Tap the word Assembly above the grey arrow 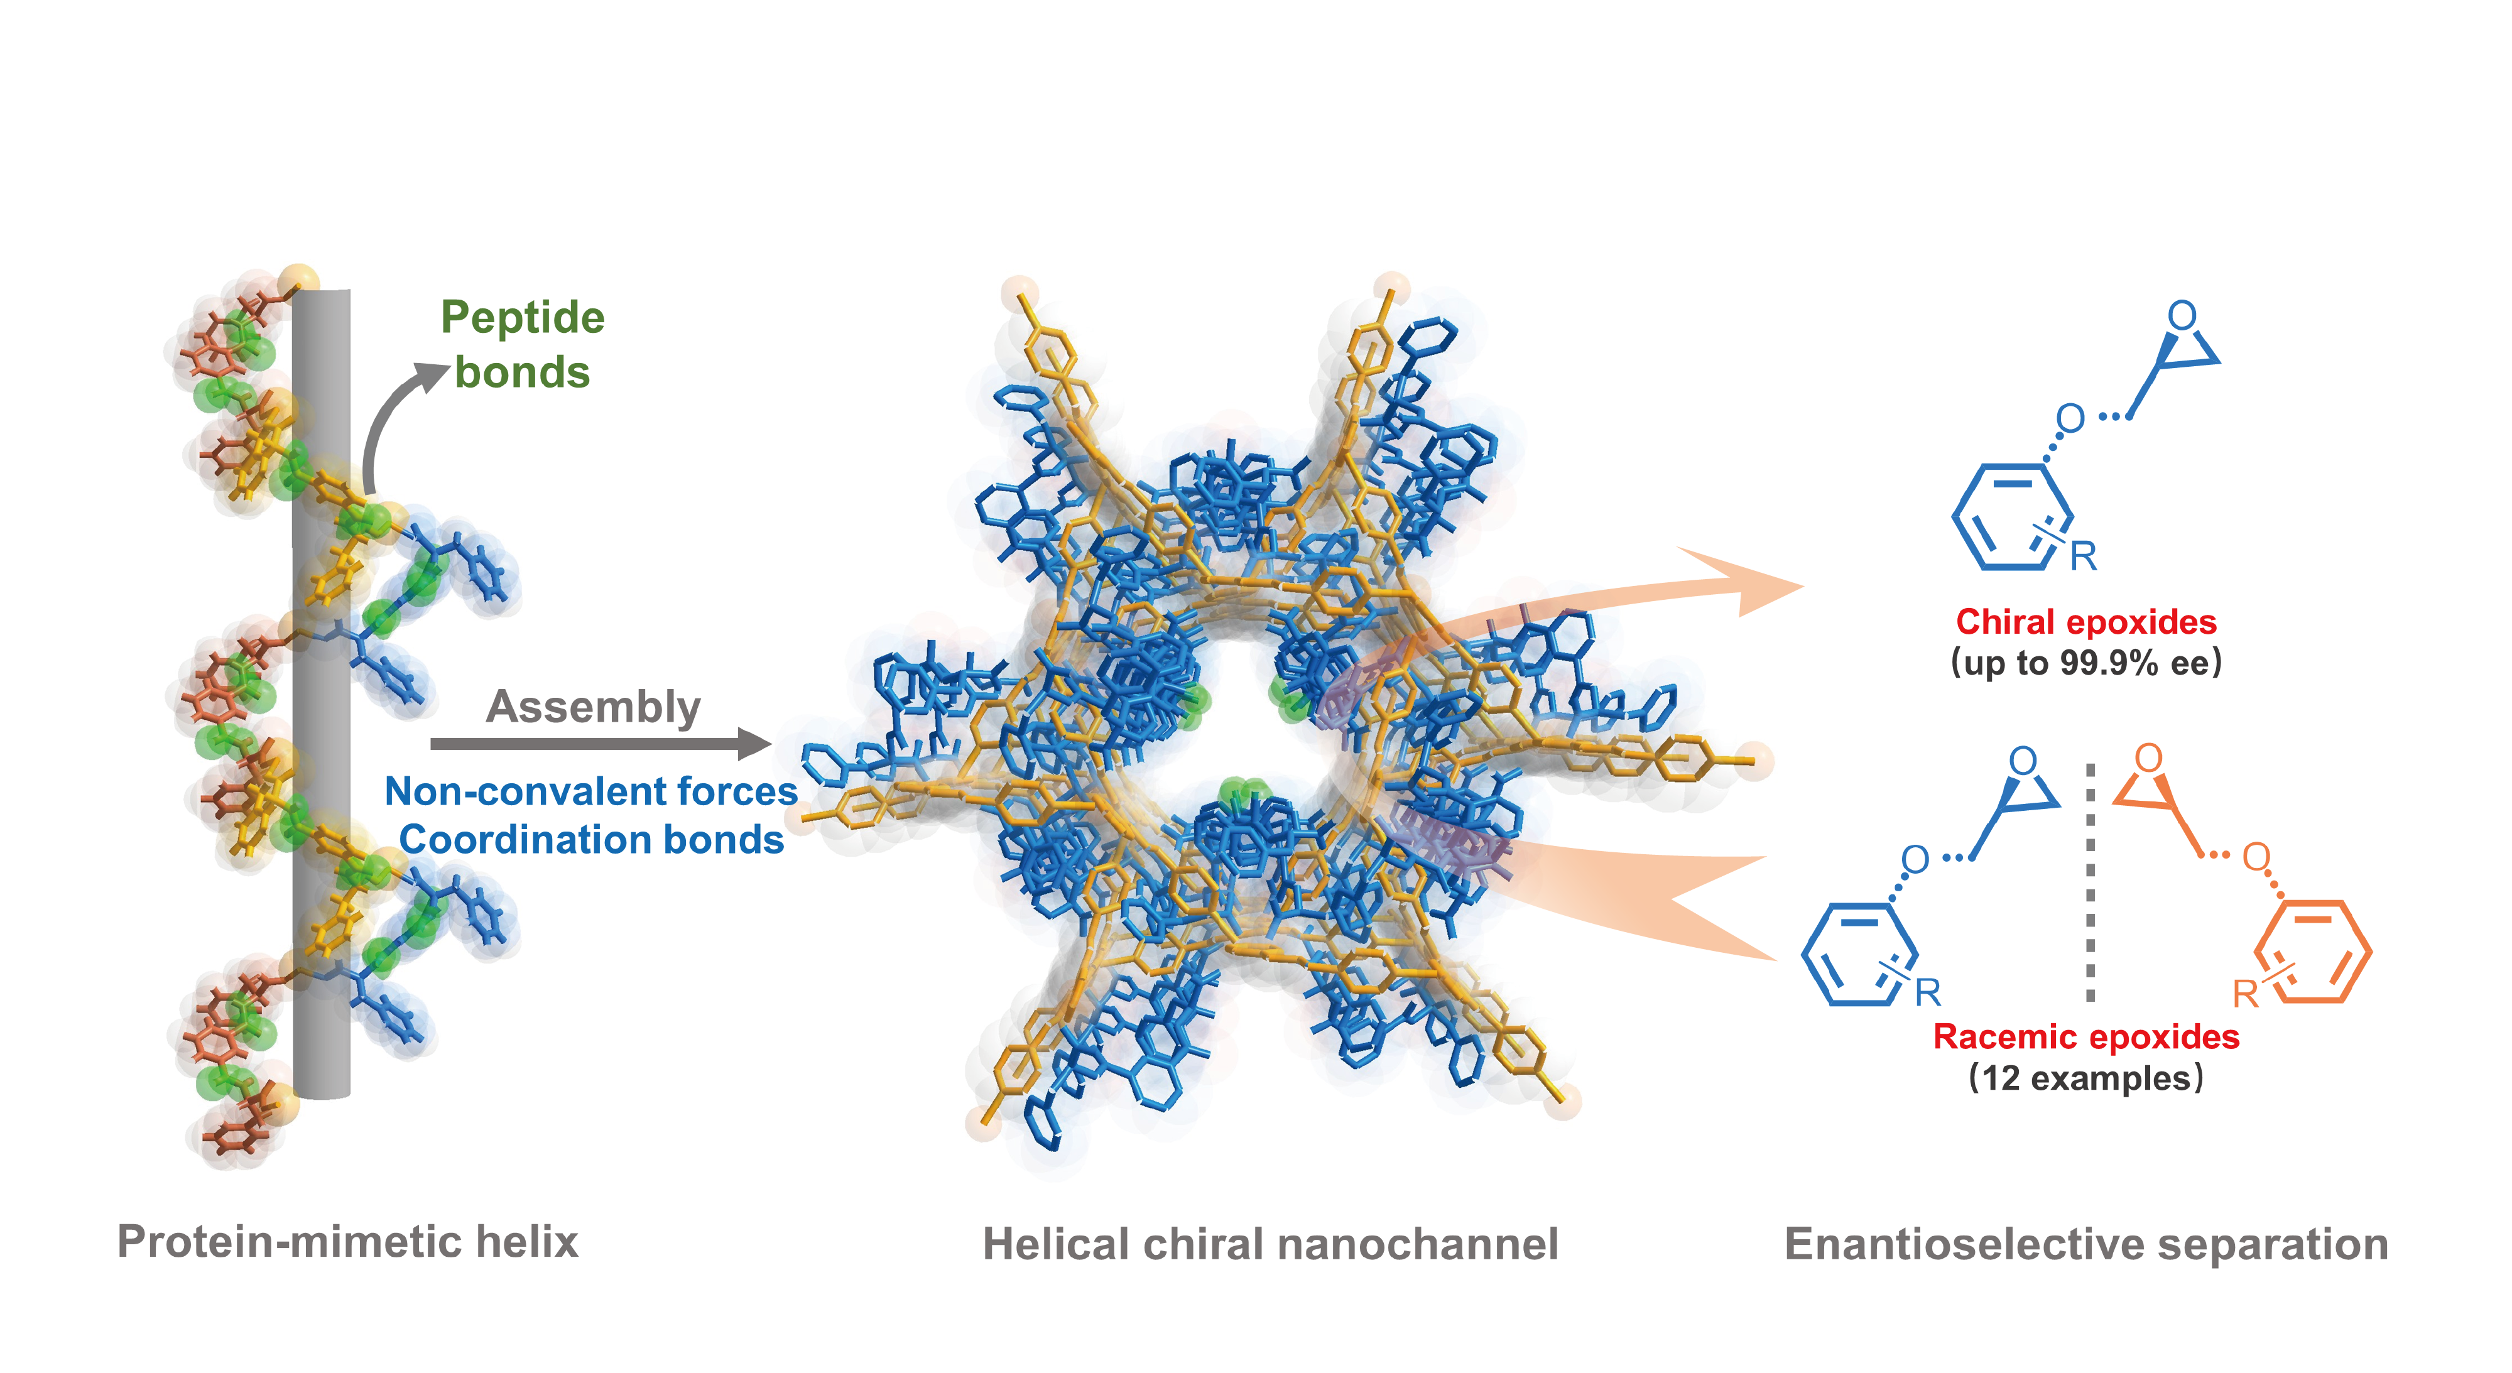click(x=593, y=707)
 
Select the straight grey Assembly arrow click(x=601, y=744)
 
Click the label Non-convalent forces click(x=591, y=791)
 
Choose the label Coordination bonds click(x=591, y=840)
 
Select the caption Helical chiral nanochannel click(x=1271, y=1244)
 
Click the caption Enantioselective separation click(x=2087, y=1244)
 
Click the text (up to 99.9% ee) click(x=2086, y=663)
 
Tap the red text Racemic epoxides click(x=2086, y=1036)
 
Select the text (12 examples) click(x=2086, y=1078)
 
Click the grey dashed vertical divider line click(x=2090, y=882)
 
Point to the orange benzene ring click(x=2313, y=952)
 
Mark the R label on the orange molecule click(x=2246, y=995)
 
